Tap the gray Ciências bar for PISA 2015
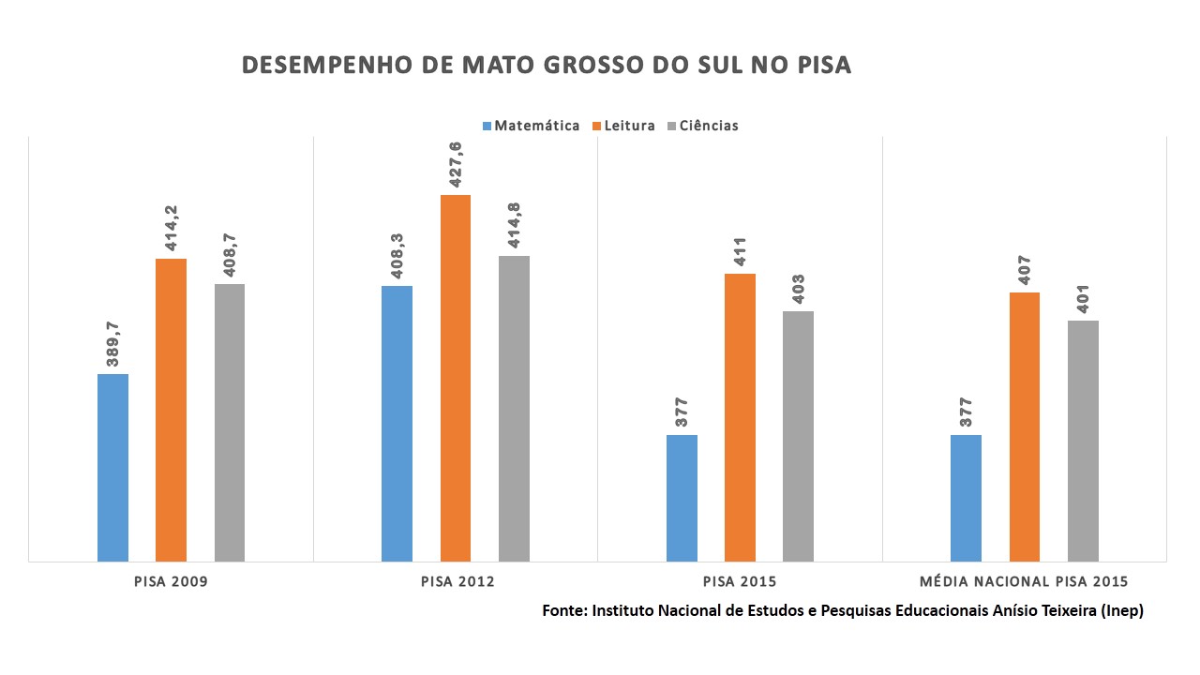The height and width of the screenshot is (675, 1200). pos(798,436)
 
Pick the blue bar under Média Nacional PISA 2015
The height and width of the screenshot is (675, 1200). pos(966,498)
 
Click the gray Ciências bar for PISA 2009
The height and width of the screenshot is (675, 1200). pos(230,422)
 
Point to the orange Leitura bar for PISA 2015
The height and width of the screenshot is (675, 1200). pos(740,417)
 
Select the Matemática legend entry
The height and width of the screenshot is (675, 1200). pos(531,126)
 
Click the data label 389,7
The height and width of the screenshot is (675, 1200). pos(112,344)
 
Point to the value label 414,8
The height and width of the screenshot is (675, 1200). pos(514,227)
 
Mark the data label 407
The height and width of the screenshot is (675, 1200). pos(1025,270)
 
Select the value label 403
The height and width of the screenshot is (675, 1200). pos(798,289)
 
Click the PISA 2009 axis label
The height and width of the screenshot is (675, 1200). pos(171,581)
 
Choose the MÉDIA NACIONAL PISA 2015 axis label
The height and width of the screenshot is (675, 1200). pos(1025,581)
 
